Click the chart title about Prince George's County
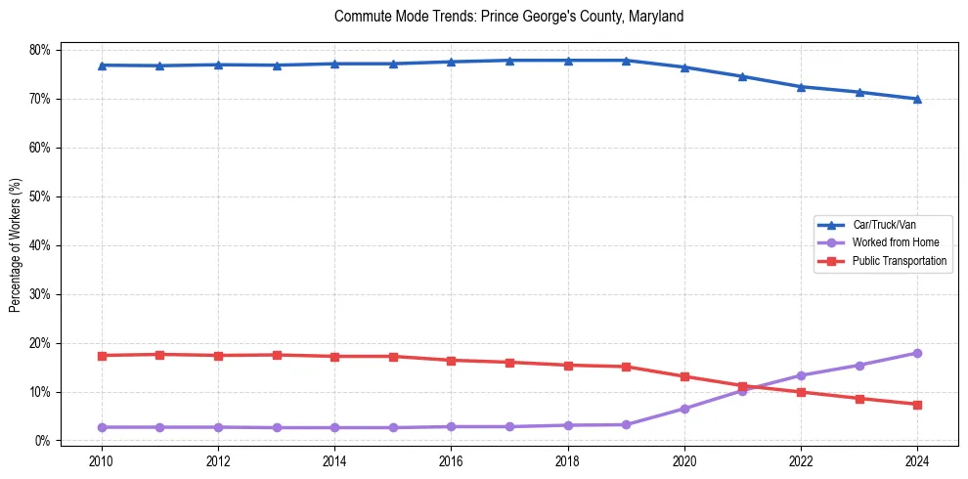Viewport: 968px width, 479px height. point(508,17)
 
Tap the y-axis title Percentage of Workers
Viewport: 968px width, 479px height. point(15,244)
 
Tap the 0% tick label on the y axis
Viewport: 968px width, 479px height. point(42,441)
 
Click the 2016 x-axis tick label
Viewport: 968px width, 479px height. point(451,460)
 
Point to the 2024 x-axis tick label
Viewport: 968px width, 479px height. point(917,460)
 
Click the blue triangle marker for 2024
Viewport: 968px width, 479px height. point(917,99)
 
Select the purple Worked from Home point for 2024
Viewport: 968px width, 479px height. point(917,353)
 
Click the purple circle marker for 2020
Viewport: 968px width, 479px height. point(684,409)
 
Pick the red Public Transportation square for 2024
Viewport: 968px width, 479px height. point(917,405)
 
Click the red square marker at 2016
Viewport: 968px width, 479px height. point(451,361)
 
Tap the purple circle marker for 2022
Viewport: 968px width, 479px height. point(801,375)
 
